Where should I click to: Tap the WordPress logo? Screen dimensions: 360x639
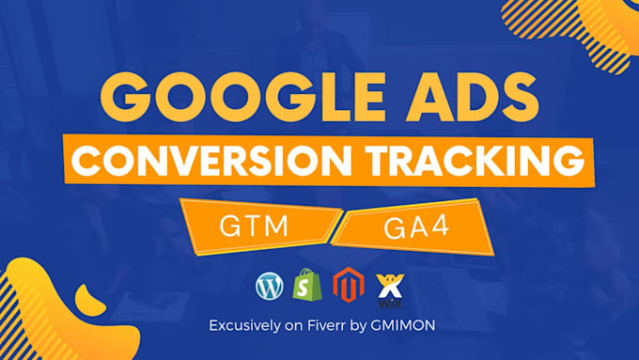(269, 286)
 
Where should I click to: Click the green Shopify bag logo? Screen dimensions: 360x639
(306, 285)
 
